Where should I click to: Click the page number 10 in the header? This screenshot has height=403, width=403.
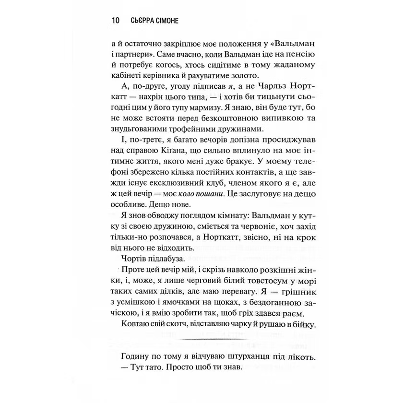click(x=115, y=21)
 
